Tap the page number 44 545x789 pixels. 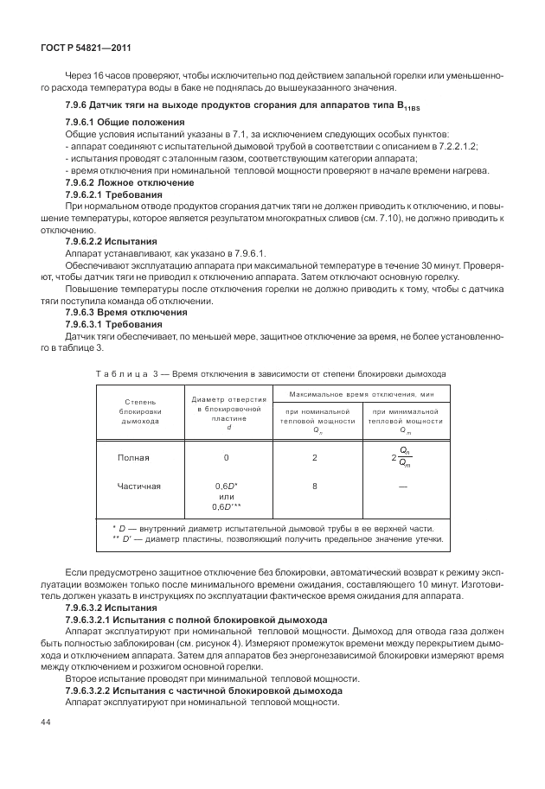(x=43, y=722)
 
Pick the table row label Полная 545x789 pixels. (x=133, y=458)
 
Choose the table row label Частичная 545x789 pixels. (x=139, y=487)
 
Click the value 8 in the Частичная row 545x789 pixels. (x=315, y=487)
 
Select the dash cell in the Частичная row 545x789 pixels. (x=403, y=487)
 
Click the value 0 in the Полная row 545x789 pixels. (x=226, y=458)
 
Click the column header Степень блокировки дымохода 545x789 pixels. (x=140, y=413)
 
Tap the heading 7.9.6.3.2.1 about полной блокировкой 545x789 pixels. (x=196, y=620)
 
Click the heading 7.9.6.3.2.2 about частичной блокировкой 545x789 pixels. (x=203, y=690)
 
